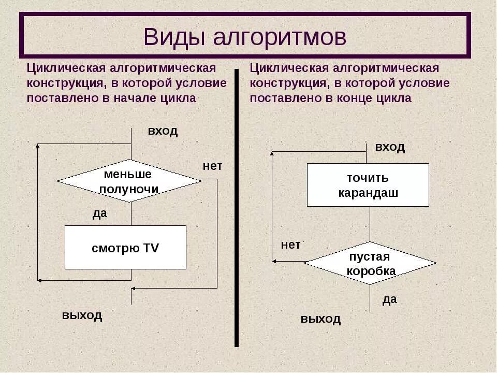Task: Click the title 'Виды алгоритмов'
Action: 245,37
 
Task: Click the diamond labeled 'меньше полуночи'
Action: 129,181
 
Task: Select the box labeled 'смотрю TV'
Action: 125,248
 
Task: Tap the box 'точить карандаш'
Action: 368,185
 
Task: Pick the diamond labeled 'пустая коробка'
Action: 370,263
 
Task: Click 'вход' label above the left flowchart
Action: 163,131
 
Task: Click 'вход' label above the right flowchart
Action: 390,147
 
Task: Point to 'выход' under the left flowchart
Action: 82,315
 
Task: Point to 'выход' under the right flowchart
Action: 320,319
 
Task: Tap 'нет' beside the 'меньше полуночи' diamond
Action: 212,166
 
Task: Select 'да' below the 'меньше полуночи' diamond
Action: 99,213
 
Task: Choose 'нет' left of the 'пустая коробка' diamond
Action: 290,245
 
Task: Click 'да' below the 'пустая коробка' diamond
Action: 389,299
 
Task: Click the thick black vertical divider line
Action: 237,207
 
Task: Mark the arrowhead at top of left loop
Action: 37,146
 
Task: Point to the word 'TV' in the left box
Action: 151,248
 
